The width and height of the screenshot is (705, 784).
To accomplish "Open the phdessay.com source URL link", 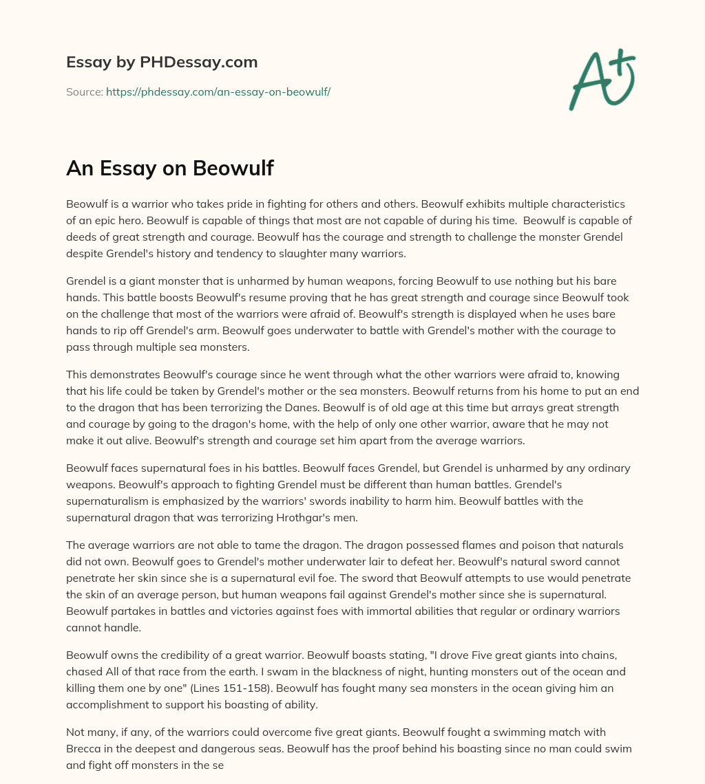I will pos(218,91).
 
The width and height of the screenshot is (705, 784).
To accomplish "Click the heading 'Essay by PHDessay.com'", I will pos(162,63).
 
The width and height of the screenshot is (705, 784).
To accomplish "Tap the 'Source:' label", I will pos(85,91).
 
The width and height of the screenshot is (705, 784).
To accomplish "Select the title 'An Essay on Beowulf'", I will pos(170,168).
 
